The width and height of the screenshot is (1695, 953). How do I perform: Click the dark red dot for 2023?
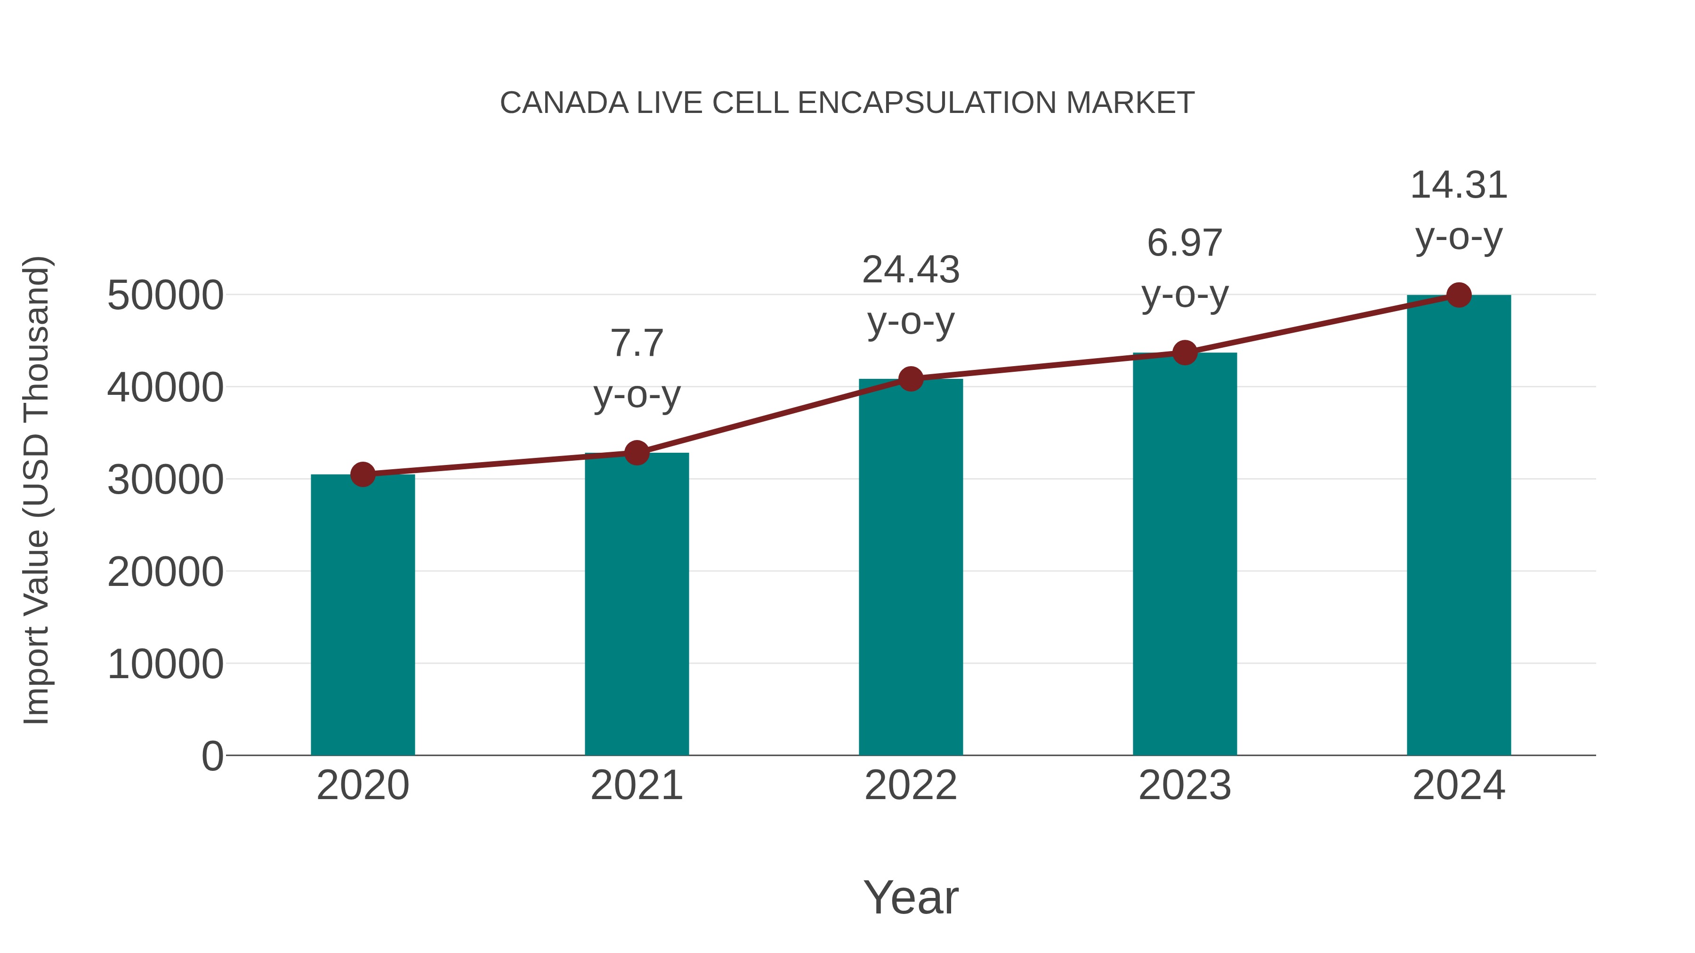[1185, 353]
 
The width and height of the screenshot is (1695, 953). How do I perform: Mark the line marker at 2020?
[363, 474]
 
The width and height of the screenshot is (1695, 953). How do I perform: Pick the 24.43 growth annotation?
[911, 270]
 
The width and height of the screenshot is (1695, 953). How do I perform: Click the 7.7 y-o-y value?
[636, 344]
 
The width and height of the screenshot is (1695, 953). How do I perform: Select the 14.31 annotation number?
[1459, 185]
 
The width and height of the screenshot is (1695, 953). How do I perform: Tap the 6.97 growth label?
[1185, 243]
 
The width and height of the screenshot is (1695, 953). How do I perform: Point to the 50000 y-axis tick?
[165, 295]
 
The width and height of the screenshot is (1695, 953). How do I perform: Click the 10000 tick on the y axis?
[165, 664]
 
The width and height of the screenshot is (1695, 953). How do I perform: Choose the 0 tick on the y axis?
[212, 756]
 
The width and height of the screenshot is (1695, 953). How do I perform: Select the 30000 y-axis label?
[165, 480]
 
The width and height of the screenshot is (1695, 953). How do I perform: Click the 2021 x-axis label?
[636, 785]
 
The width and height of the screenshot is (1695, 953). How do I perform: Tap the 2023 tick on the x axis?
[1185, 785]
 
